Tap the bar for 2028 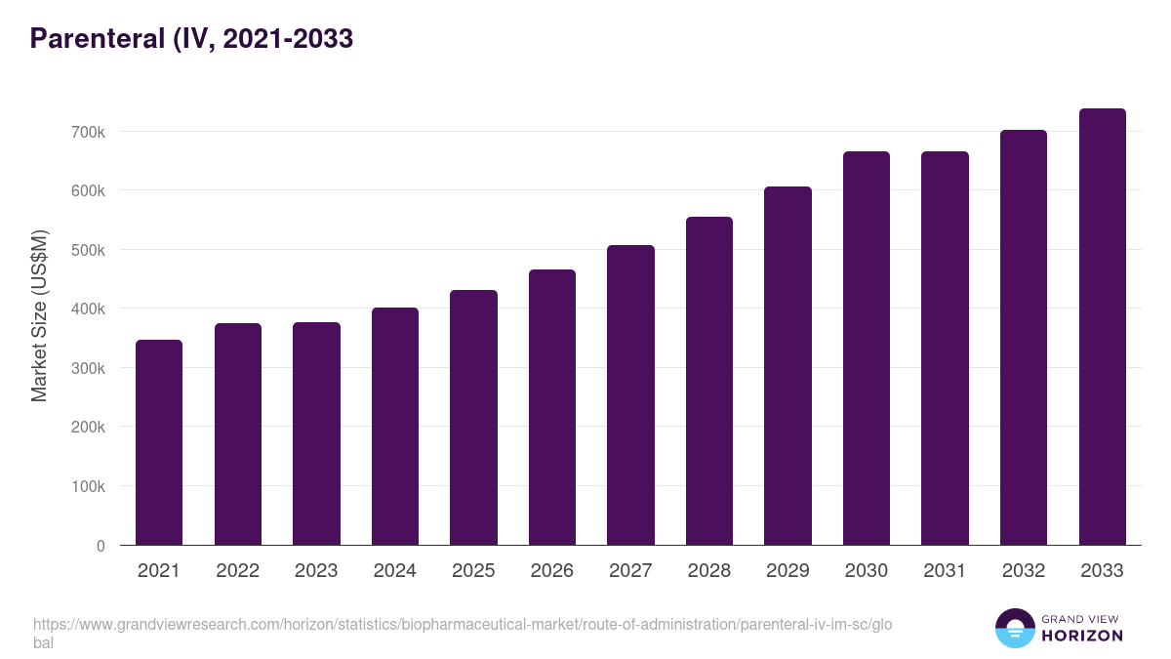click(x=709, y=381)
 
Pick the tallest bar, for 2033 click(x=1102, y=327)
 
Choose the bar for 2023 click(x=316, y=433)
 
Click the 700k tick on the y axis click(x=87, y=132)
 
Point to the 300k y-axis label click(x=87, y=368)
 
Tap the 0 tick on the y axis click(x=101, y=546)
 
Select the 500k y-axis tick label click(x=87, y=250)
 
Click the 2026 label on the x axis click(x=552, y=571)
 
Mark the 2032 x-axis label click(x=1024, y=571)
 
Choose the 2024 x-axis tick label click(x=395, y=571)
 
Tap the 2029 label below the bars click(x=787, y=571)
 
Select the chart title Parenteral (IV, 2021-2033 click(x=191, y=39)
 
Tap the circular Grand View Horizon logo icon click(x=1015, y=628)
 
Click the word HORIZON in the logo click(x=1081, y=636)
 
